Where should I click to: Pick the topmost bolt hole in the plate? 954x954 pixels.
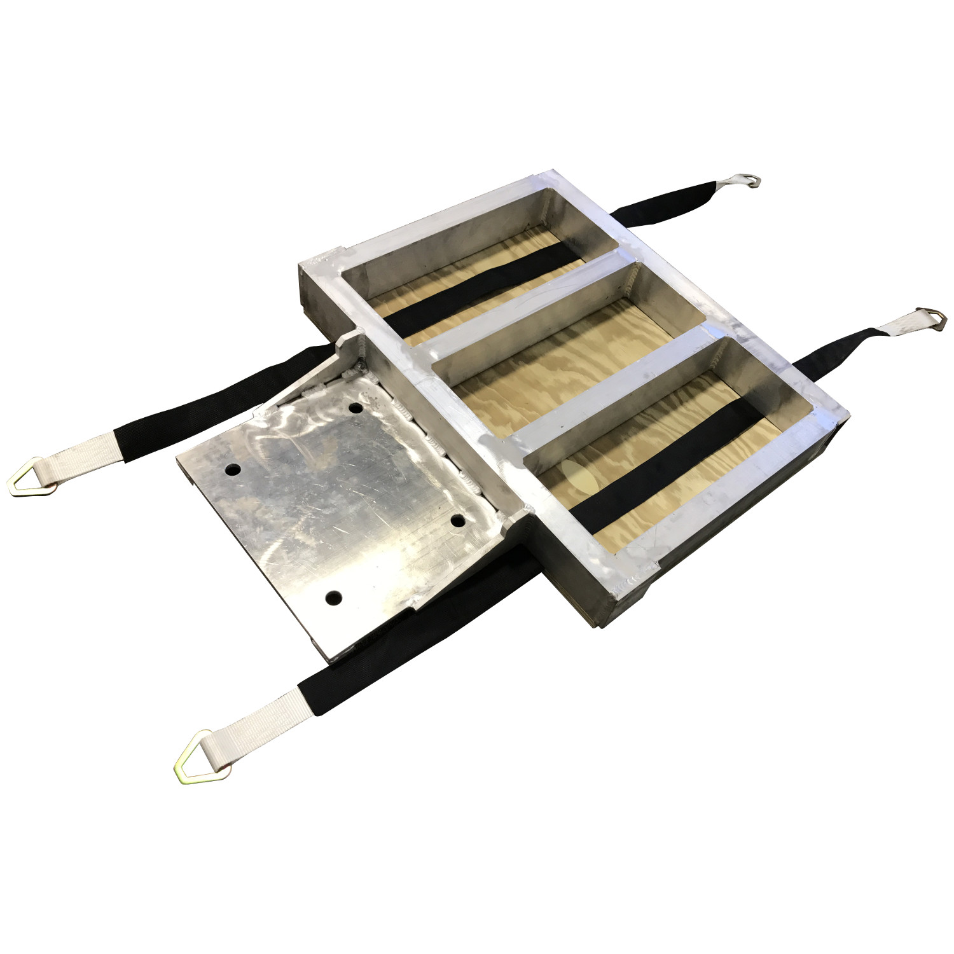coord(356,407)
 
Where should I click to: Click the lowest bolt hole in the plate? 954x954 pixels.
coord(333,598)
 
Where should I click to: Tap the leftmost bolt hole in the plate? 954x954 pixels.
coord(233,470)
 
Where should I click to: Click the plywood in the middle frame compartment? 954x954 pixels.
coord(560,369)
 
